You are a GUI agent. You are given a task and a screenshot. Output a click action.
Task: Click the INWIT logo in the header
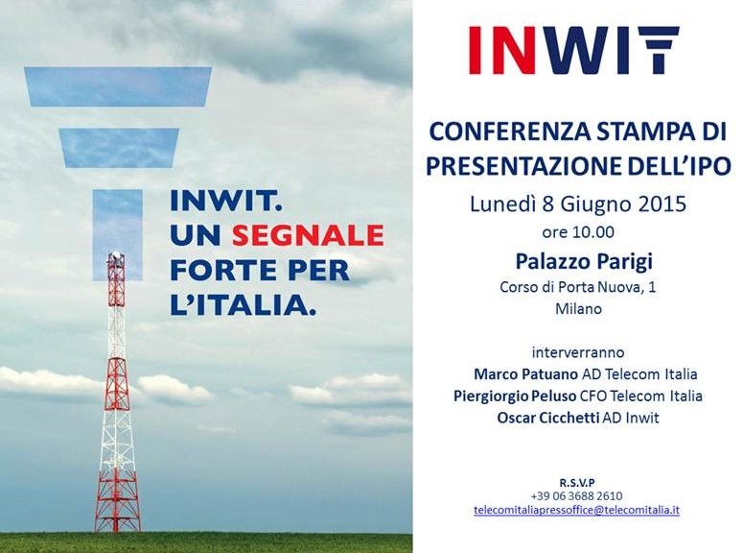(x=574, y=50)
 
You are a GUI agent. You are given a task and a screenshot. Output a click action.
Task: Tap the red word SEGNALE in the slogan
(x=308, y=235)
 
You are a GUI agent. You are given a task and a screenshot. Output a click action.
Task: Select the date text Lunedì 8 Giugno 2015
(x=578, y=204)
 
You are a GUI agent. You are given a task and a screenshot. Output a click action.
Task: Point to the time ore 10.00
(x=578, y=232)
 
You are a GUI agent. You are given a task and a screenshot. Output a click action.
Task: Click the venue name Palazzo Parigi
(x=584, y=261)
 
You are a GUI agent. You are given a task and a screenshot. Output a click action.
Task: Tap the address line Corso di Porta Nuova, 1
(x=578, y=287)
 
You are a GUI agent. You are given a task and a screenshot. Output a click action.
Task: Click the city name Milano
(x=578, y=309)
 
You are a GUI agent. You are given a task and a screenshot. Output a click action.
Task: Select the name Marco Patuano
(x=526, y=374)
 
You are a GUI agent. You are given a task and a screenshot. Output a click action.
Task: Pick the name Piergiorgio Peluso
(x=515, y=396)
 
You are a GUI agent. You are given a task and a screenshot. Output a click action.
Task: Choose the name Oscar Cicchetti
(x=548, y=418)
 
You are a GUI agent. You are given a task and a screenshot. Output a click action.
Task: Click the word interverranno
(x=578, y=352)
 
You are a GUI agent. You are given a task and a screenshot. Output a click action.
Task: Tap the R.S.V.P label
(x=577, y=483)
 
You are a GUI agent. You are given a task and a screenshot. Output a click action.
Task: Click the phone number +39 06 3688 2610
(x=577, y=496)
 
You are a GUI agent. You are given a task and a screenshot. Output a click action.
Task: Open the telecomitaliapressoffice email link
(x=577, y=510)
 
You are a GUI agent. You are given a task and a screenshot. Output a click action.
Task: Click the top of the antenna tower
(x=115, y=254)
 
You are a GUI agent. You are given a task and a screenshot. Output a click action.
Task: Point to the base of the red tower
(x=117, y=528)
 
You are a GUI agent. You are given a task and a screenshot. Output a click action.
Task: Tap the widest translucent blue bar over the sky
(x=118, y=86)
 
